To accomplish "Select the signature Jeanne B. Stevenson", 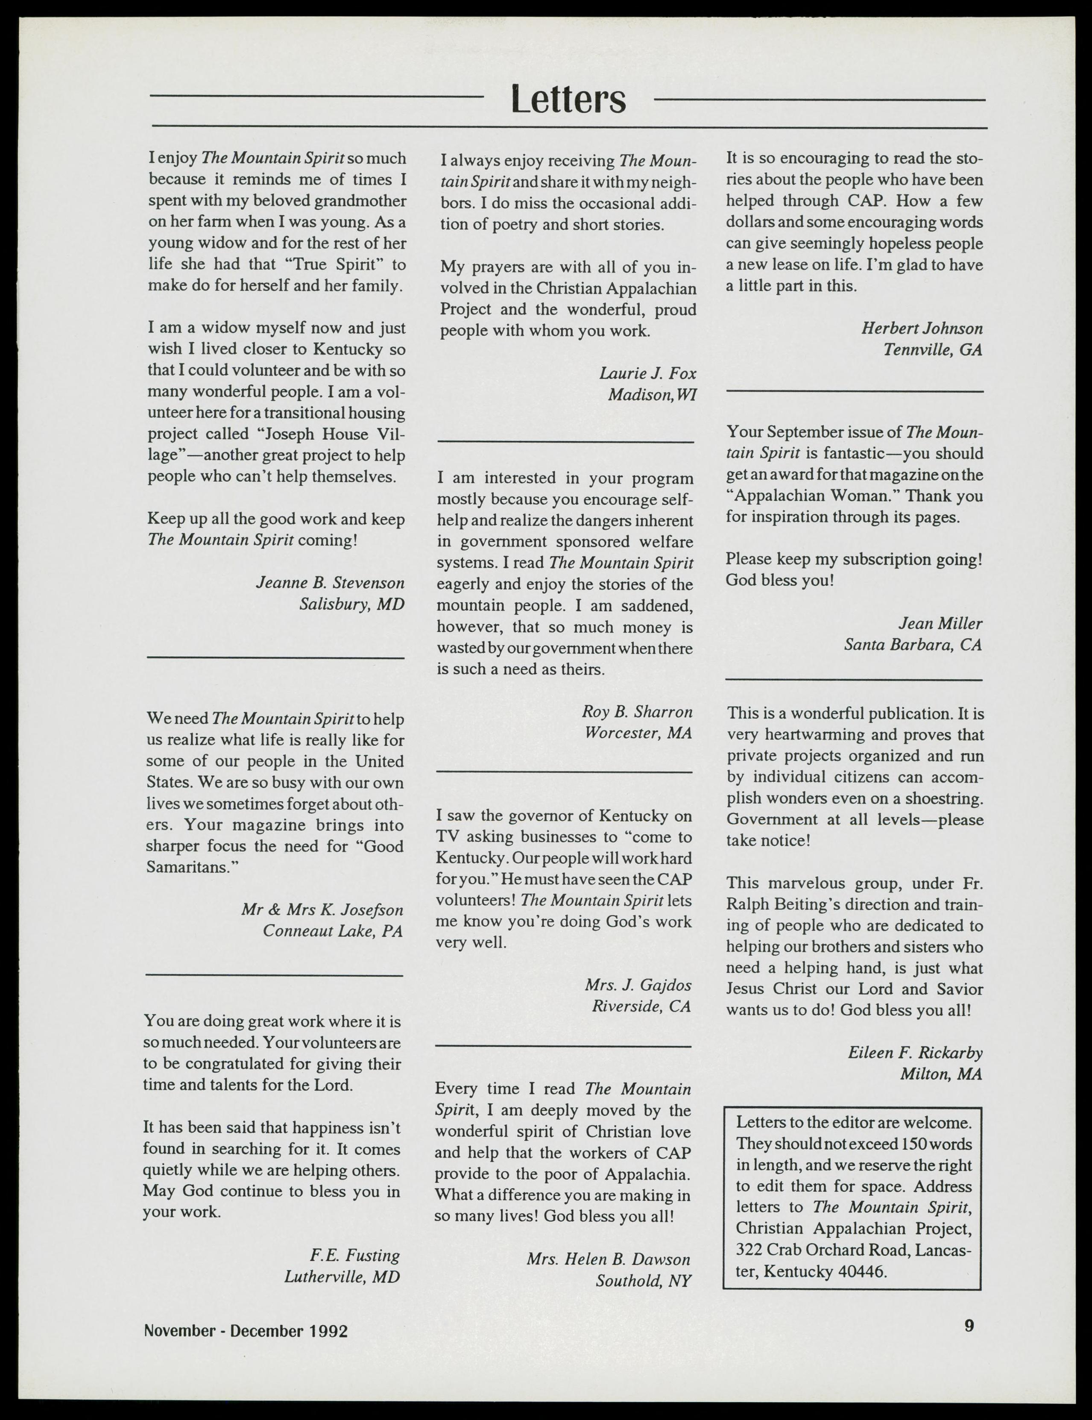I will [x=330, y=583].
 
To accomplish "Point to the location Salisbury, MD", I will [x=351, y=604].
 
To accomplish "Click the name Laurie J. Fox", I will [x=647, y=373].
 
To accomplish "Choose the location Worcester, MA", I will [x=638, y=733].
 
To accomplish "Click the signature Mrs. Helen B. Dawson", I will [x=609, y=1259].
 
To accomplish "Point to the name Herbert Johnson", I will [x=922, y=329].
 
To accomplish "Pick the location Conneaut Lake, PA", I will [x=333, y=931].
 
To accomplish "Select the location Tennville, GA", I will [x=933, y=350].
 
